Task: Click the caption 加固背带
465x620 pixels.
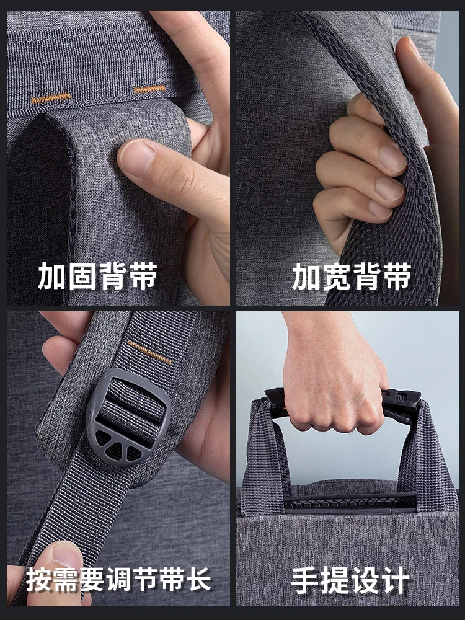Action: pyautogui.click(x=98, y=276)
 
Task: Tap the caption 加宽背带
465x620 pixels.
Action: pyautogui.click(x=352, y=276)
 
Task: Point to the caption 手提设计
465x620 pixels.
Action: pyautogui.click(x=350, y=582)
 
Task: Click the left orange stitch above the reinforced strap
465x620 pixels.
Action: pyautogui.click(x=51, y=99)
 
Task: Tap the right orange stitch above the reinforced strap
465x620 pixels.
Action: pyautogui.click(x=150, y=89)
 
